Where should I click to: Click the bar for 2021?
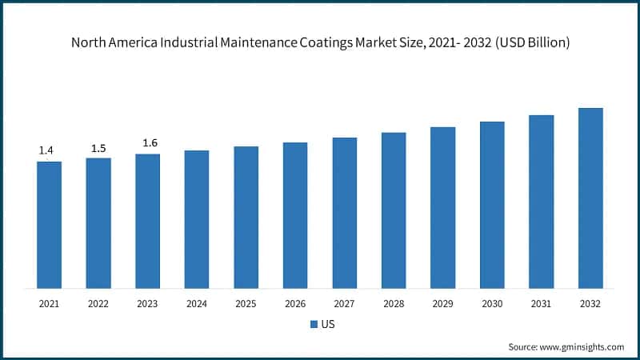pos(49,225)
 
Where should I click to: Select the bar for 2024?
pos(197,219)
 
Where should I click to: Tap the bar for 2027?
pos(345,213)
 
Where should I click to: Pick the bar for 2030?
pos(492,205)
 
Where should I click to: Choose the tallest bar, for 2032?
pos(590,198)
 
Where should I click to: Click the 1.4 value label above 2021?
pos(46,150)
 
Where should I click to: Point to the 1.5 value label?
pos(98,148)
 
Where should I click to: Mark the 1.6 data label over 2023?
pos(150,143)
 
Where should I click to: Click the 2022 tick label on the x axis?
pos(98,304)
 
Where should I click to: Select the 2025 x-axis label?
pos(246,304)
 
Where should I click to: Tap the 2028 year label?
pos(394,304)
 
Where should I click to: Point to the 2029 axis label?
pos(443,304)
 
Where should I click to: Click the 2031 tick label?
pos(542,304)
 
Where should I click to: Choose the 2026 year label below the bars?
pos(295,304)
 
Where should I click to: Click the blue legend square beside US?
pos(314,325)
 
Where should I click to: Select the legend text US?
pos(328,325)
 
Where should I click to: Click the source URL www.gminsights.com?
pos(582,346)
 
